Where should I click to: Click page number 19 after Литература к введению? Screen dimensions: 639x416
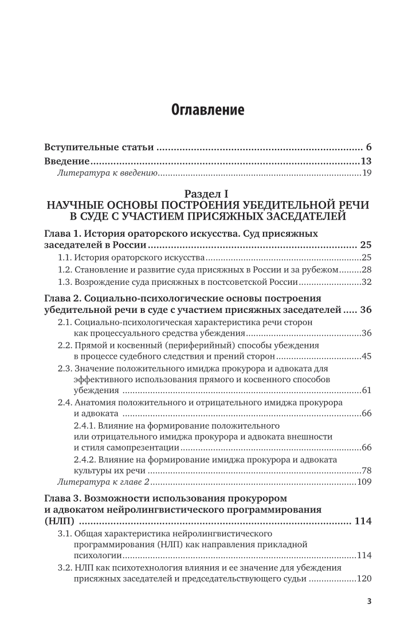[x=367, y=173]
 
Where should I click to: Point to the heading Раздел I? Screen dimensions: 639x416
[x=207, y=194]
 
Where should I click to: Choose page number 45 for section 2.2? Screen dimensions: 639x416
[x=367, y=357]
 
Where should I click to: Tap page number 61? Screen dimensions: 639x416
[x=367, y=391]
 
